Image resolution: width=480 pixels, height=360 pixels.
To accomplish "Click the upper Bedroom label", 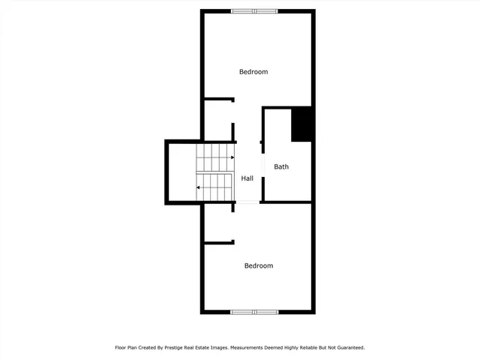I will pyautogui.click(x=253, y=72).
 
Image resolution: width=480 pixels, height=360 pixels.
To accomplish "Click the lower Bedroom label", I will pyautogui.click(x=259, y=265).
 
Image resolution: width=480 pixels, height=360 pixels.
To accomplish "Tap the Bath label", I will pyautogui.click(x=281, y=166).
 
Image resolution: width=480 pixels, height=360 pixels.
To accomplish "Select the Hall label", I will pyautogui.click(x=247, y=178).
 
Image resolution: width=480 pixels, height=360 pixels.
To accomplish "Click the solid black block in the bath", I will pyautogui.click(x=301, y=124).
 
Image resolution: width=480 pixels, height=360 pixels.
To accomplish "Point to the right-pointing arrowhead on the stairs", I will pyautogui.click(x=232, y=157).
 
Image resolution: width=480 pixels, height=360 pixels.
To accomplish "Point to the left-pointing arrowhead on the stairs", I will pyautogui.click(x=199, y=187).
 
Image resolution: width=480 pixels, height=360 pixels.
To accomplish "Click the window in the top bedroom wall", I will pyautogui.click(x=253, y=11).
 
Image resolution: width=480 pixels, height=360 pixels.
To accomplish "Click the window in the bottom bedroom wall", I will pyautogui.click(x=253, y=311).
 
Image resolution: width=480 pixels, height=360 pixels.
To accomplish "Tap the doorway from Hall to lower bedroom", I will pyautogui.click(x=247, y=202).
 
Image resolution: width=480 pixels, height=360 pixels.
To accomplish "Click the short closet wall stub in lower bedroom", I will pyautogui.click(x=220, y=241).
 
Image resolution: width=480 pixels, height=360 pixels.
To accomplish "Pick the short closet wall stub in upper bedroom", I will pyautogui.click(x=220, y=99).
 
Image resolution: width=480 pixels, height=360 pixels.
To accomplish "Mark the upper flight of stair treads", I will pyautogui.click(x=214, y=157).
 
